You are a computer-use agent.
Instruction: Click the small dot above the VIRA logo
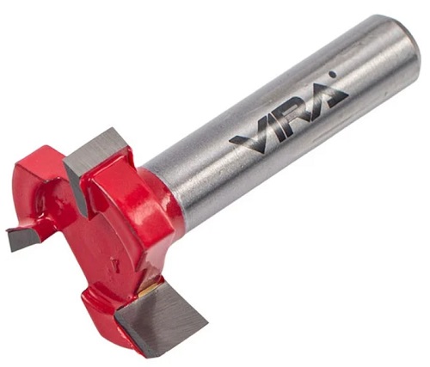(x=333, y=75)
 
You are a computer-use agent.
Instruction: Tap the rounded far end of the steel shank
(x=402, y=49)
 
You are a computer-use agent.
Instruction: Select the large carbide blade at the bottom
(x=161, y=318)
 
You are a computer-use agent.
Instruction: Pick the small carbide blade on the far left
(x=23, y=238)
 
